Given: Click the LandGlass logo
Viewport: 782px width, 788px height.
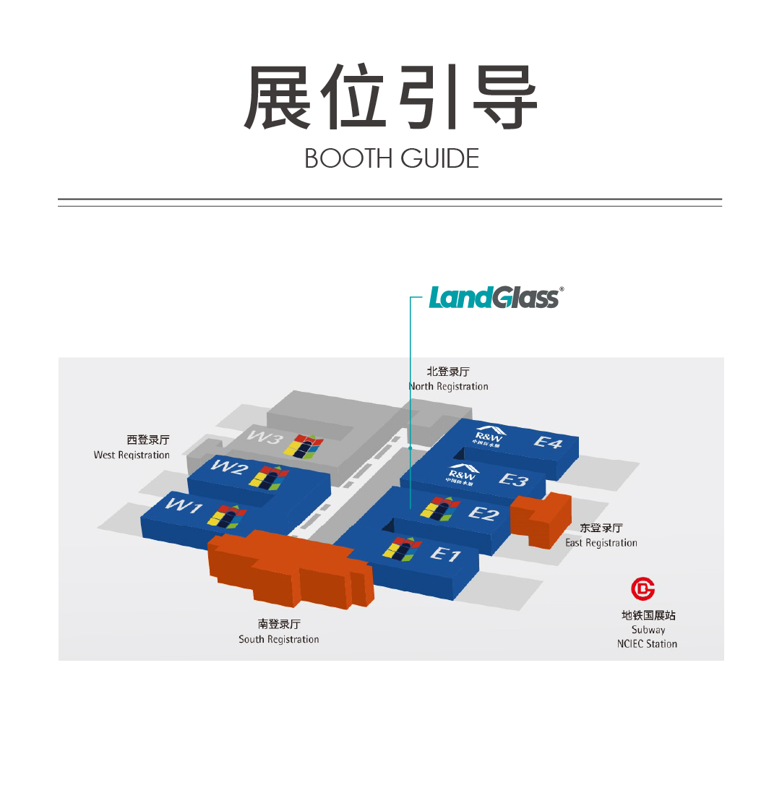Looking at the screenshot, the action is click(x=496, y=298).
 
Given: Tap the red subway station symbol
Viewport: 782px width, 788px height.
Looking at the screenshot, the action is click(x=643, y=589).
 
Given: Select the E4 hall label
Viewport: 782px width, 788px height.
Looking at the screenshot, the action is click(x=548, y=442).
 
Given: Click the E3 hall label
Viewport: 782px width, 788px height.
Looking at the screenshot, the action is click(x=513, y=480).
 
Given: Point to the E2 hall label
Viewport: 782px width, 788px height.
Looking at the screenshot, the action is click(x=484, y=513).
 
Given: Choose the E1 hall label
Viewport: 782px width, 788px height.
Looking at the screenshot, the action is click(x=445, y=554).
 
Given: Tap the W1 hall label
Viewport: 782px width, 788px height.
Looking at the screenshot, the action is click(x=184, y=505).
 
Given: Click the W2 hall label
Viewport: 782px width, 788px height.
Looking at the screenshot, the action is click(x=230, y=467).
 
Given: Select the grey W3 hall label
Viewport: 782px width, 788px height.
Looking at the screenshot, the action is click(x=265, y=437).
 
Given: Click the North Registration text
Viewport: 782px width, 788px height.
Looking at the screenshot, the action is click(x=448, y=387).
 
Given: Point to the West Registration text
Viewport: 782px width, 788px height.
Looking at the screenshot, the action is click(x=132, y=455).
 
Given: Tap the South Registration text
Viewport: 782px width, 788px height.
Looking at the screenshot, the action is click(x=279, y=639).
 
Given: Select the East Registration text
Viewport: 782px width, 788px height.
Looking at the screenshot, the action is click(x=601, y=543).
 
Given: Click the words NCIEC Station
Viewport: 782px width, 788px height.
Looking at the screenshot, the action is click(x=648, y=643).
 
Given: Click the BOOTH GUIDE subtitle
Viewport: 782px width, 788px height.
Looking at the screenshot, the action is click(x=392, y=159).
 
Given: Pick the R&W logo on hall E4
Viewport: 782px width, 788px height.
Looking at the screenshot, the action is click(x=489, y=436).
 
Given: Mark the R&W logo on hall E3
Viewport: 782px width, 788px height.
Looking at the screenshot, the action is click(x=462, y=474).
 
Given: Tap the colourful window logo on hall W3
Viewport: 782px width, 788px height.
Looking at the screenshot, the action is click(x=304, y=446).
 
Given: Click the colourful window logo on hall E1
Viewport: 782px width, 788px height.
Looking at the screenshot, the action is click(x=402, y=549).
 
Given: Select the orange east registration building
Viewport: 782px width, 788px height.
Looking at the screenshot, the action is click(x=541, y=520).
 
